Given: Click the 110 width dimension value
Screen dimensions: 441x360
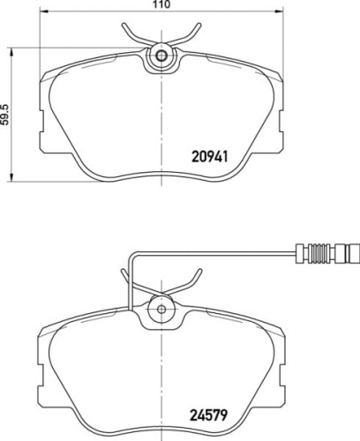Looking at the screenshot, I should tap(161, 5).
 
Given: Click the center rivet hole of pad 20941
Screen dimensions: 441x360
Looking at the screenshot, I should tap(161, 57).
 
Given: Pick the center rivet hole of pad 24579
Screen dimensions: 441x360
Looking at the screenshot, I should tap(161, 308).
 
